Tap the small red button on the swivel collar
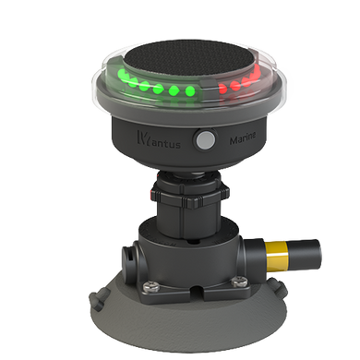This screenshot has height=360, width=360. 150,196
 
